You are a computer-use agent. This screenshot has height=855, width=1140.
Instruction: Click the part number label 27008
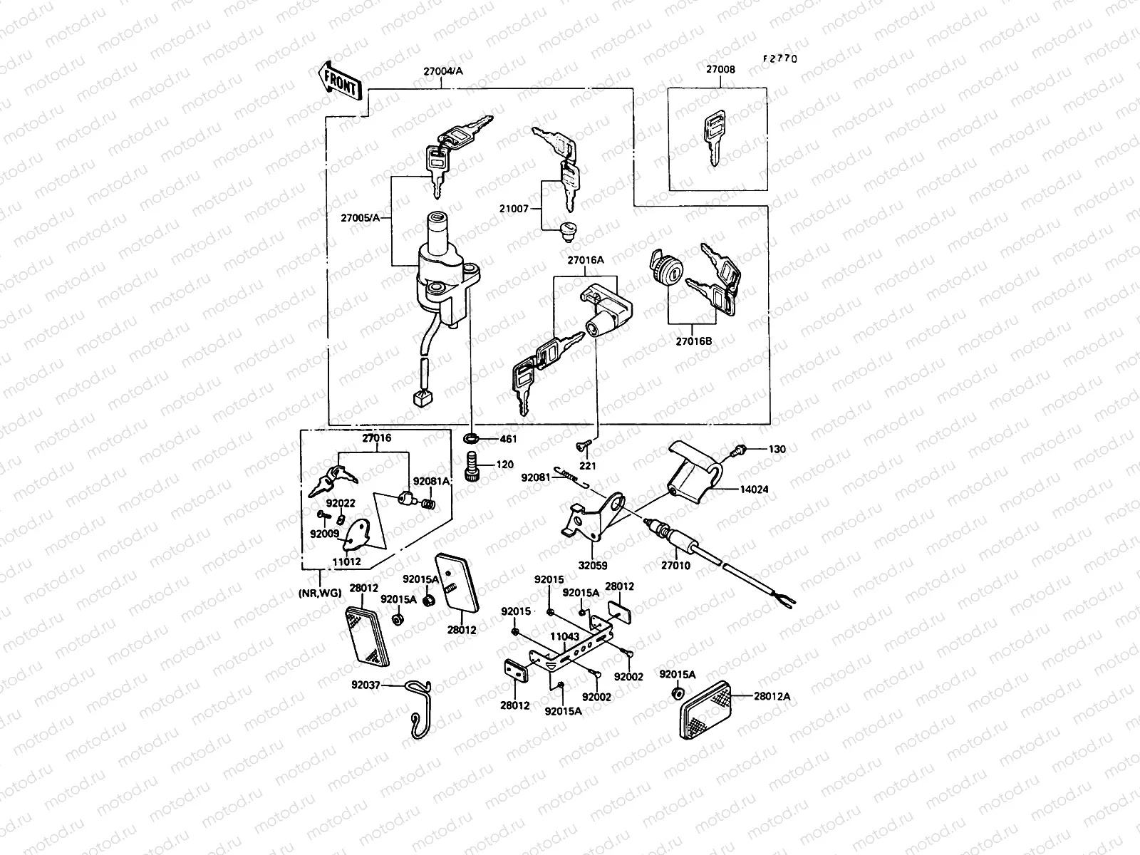(720, 71)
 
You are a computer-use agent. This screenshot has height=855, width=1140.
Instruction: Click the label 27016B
(694, 341)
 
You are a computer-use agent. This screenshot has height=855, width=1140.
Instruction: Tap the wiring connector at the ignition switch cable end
(420, 397)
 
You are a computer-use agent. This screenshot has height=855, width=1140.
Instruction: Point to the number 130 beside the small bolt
(777, 450)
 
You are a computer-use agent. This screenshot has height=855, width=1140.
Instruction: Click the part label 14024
(754, 489)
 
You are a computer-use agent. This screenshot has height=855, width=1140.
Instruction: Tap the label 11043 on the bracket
(563, 636)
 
